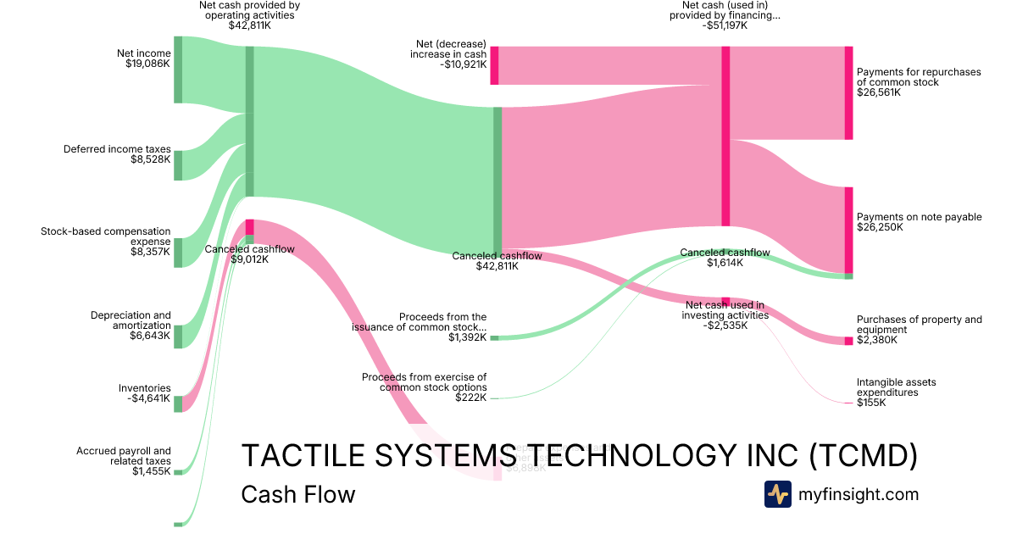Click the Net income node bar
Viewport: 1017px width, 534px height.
178,70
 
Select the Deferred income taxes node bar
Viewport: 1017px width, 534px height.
178,165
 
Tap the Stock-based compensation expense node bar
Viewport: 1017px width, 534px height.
178,253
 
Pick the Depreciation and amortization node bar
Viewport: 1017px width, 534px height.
178,336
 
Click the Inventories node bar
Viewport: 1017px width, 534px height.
178,403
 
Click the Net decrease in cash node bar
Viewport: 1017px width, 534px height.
494,65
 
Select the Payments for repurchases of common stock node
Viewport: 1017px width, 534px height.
848,93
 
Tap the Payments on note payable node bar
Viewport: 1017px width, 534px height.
848,229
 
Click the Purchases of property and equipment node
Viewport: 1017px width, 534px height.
848,341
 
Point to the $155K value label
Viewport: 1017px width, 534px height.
871,403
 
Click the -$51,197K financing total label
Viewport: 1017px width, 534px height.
725,25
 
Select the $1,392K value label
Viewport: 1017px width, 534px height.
468,337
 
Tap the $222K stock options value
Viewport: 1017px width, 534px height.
470,398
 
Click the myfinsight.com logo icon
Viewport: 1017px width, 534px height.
777,494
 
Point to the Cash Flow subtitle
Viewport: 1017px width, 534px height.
298,495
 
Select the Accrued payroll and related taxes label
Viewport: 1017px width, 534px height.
124,456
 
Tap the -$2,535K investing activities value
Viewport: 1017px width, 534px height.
725,325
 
